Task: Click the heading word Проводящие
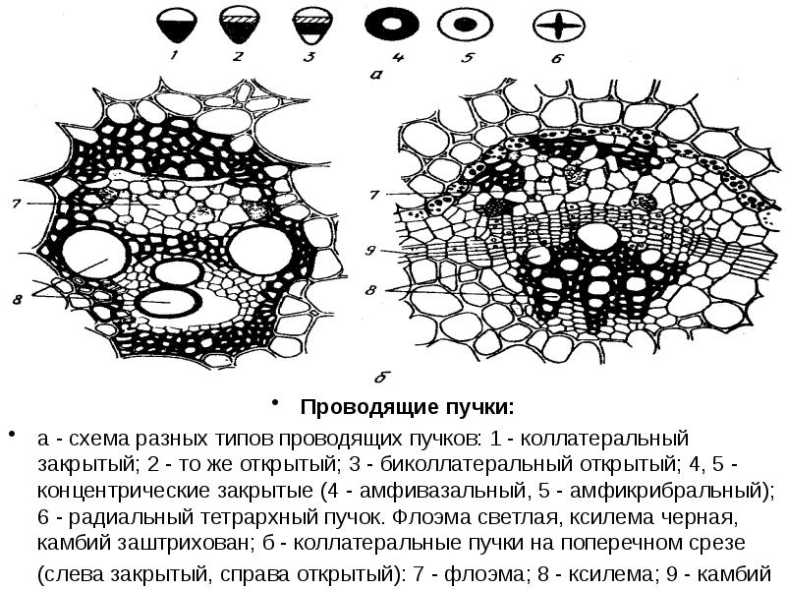(356, 406)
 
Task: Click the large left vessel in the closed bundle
(98, 254)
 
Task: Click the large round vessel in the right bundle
(594, 237)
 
